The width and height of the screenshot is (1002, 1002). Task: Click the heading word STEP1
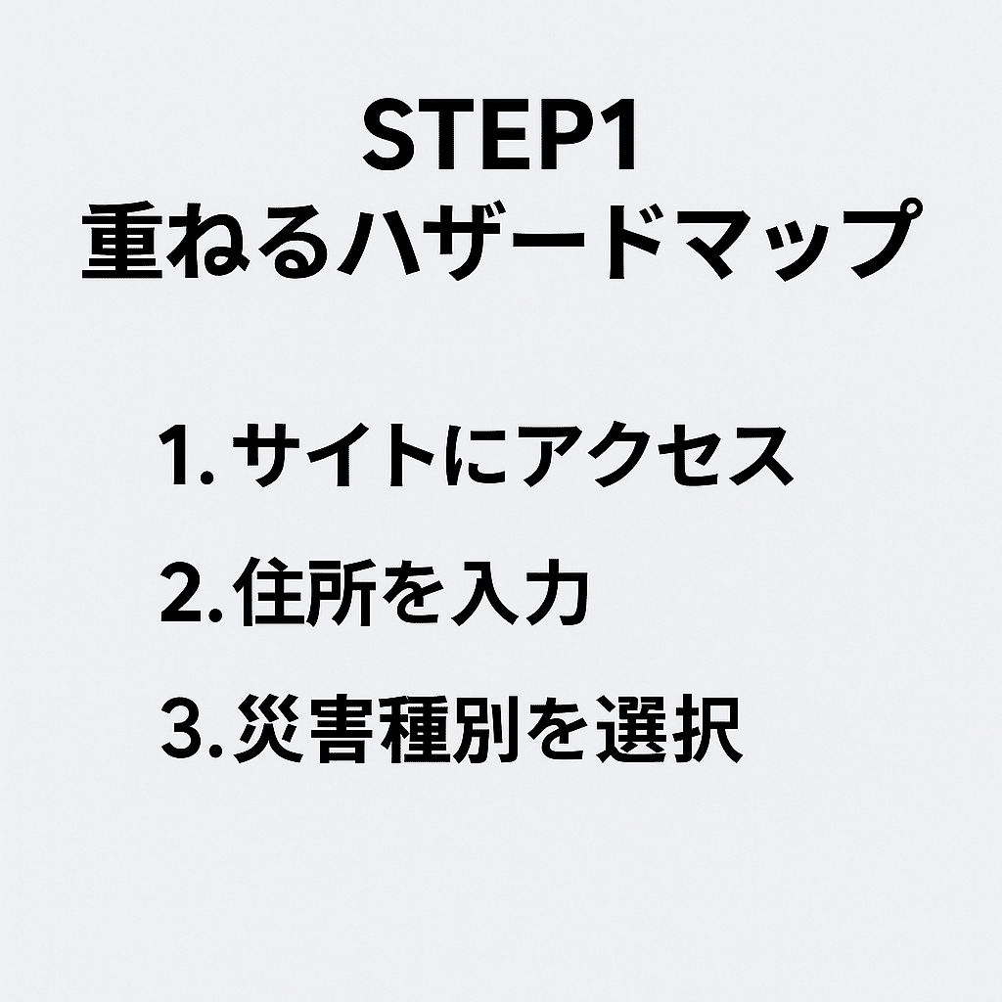(500, 134)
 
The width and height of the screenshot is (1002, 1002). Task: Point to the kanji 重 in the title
(122, 241)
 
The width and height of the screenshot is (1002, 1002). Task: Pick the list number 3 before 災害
(181, 728)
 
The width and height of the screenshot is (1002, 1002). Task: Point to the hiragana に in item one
(478, 455)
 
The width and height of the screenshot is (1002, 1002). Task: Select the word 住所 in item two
(305, 592)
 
